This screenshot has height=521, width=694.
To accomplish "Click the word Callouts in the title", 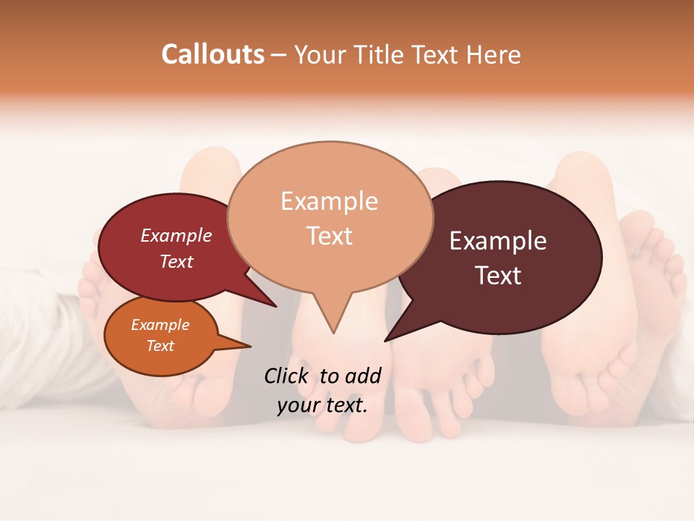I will pyautogui.click(x=213, y=54).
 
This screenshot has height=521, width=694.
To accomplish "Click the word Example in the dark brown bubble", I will pyautogui.click(x=498, y=241).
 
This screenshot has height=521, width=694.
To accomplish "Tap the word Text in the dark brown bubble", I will pyautogui.click(x=498, y=276).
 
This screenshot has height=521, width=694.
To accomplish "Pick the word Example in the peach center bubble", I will pyautogui.click(x=329, y=201).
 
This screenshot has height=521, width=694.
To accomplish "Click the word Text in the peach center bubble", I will pyautogui.click(x=329, y=236).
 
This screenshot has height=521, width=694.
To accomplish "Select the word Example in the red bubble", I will pyautogui.click(x=176, y=235).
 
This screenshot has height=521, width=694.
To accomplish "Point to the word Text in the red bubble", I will pyautogui.click(x=176, y=261).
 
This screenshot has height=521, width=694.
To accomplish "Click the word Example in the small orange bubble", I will pyautogui.click(x=160, y=325).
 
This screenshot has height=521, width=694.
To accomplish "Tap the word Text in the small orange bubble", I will pyautogui.click(x=160, y=346).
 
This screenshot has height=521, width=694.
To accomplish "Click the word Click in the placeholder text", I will pyautogui.click(x=287, y=376).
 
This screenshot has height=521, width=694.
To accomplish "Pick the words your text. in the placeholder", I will pyautogui.click(x=322, y=405).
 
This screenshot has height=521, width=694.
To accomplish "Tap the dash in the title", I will pyautogui.click(x=278, y=54).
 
